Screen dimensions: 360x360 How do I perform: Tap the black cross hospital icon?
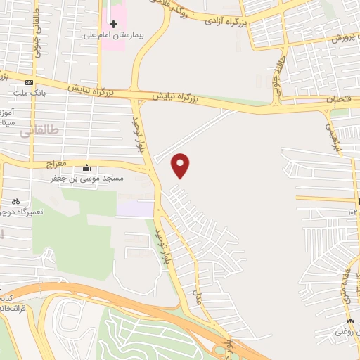point(113,25)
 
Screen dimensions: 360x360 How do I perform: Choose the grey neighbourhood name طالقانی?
point(35,131)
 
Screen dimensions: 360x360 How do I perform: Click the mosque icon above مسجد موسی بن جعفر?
point(86,169)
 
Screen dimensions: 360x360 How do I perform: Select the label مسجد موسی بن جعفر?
point(86,179)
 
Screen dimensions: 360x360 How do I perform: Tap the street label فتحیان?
point(338,100)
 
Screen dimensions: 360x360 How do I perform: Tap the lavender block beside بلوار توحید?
point(134,208)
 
